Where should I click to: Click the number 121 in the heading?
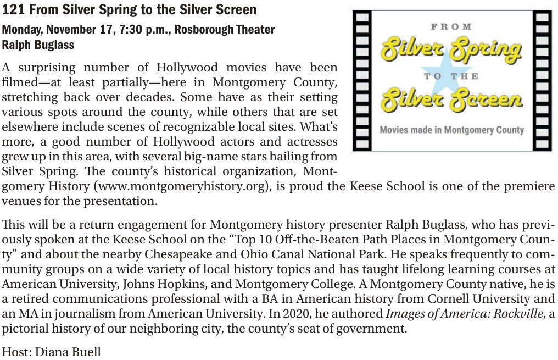point(12,9)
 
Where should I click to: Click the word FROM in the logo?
point(451,26)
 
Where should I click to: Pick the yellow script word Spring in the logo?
point(486,51)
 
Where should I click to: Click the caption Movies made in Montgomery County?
point(451,130)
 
